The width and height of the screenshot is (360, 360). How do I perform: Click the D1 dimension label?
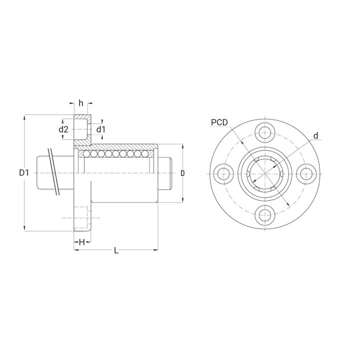tap(24, 172)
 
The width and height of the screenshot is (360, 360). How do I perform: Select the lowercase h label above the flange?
tap(81, 103)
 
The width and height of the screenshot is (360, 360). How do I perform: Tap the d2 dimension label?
tap(63, 129)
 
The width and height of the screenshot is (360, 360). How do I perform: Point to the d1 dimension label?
tap(100, 129)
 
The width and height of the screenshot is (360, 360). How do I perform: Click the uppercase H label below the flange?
tap(82, 242)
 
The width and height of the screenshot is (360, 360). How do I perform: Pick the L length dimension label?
tap(116, 250)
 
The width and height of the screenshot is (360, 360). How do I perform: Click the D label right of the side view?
tap(182, 173)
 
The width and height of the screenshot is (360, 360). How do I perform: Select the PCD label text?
tap(219, 122)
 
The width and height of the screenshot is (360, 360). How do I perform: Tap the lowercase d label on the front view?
tap(316, 135)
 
